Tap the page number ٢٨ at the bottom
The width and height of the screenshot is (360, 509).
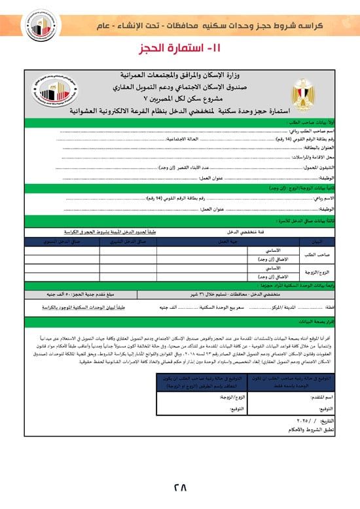coord(180,487)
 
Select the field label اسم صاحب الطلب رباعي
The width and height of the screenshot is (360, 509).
coord(311,131)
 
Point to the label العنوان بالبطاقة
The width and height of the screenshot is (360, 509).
coord(318,149)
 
